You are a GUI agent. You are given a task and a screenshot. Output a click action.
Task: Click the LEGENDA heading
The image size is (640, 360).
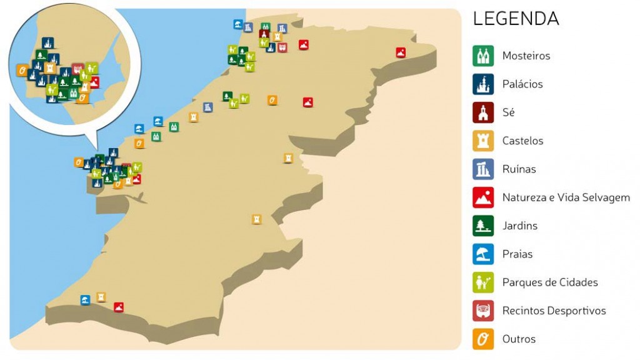tap(516, 19)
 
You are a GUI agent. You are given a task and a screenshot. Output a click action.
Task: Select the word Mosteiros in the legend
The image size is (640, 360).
tap(526, 56)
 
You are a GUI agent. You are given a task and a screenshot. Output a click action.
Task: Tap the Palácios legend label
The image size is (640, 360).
tap(522, 84)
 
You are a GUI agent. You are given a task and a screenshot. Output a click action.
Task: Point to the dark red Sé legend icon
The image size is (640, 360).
tap(483, 112)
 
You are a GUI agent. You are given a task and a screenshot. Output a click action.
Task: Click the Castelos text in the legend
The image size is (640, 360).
tap(522, 141)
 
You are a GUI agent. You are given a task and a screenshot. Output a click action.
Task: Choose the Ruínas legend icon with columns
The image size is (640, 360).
tap(483, 169)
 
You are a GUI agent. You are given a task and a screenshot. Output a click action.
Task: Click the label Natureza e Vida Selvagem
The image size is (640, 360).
tap(566, 197)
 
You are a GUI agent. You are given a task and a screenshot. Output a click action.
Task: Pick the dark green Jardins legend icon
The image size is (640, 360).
tap(483, 226)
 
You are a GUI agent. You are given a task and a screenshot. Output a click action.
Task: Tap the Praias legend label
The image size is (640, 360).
tap(518, 254)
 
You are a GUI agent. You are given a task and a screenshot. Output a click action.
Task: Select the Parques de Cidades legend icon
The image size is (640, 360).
tap(483, 282)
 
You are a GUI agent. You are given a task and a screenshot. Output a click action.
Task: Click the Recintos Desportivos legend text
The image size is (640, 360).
tap(554, 311)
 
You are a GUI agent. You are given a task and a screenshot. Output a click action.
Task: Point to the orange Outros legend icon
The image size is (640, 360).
tap(483, 339)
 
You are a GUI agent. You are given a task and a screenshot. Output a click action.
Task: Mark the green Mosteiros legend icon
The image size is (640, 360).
tap(483, 56)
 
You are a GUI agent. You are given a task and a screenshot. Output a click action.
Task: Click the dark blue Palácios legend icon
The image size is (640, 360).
tap(483, 84)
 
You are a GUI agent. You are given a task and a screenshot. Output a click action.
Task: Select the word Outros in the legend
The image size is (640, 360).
tap(519, 339)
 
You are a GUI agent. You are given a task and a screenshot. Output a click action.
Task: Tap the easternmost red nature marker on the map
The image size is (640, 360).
tap(401, 53)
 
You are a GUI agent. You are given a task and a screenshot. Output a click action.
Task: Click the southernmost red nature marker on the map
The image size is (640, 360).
tap(119, 307)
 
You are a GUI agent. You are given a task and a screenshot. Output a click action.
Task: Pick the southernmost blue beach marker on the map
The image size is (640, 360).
tap(85, 299)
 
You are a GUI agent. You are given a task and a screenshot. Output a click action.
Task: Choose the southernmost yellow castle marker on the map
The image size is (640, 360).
tap(101, 297)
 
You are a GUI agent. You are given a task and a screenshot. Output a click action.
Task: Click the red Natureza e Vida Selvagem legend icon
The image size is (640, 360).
tap(483, 197)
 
